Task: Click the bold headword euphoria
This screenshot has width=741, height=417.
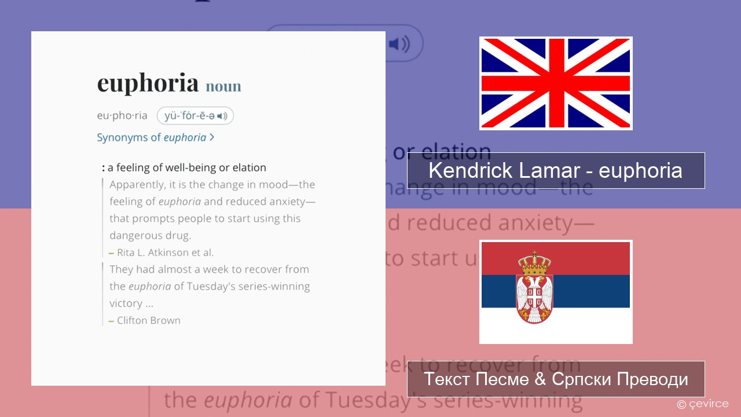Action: pos(148,83)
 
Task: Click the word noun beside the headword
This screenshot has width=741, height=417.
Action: pos(223,86)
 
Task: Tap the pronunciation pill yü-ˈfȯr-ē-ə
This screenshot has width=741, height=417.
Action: pos(195,116)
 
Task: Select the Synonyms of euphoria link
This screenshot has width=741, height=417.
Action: pos(155,137)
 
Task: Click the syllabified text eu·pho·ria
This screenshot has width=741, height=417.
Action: pos(122,116)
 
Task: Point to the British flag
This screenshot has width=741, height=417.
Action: pos(555,83)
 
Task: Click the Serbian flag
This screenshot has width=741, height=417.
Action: pos(555,292)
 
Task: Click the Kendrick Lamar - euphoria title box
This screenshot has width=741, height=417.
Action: pos(555,170)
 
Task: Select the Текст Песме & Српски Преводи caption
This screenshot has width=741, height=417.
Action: pos(555,379)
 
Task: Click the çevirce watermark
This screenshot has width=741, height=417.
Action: pos(703,404)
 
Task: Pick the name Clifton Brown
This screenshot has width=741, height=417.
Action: pos(149,320)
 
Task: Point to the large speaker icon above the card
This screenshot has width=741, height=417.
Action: pos(399,44)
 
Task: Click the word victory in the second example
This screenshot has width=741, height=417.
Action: pos(126,303)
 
